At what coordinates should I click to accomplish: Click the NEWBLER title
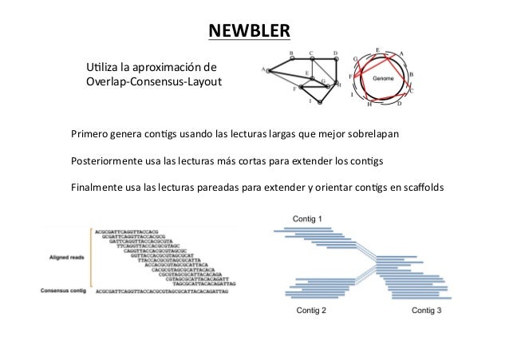(x=250, y=31)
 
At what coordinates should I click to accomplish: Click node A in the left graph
(x=263, y=69)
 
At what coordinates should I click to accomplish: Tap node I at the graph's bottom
(x=310, y=101)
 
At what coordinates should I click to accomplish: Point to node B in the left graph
(x=291, y=53)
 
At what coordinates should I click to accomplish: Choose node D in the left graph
(x=334, y=53)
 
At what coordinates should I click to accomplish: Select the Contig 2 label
(x=310, y=310)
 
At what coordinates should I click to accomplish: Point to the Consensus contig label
(x=61, y=291)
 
